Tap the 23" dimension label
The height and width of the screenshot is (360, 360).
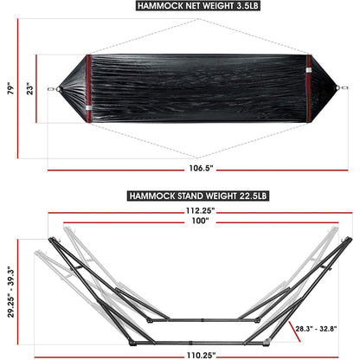29,87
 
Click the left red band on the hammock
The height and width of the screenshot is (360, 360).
88,87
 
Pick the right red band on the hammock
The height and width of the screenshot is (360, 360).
307,87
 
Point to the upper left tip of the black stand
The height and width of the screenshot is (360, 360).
52,241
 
